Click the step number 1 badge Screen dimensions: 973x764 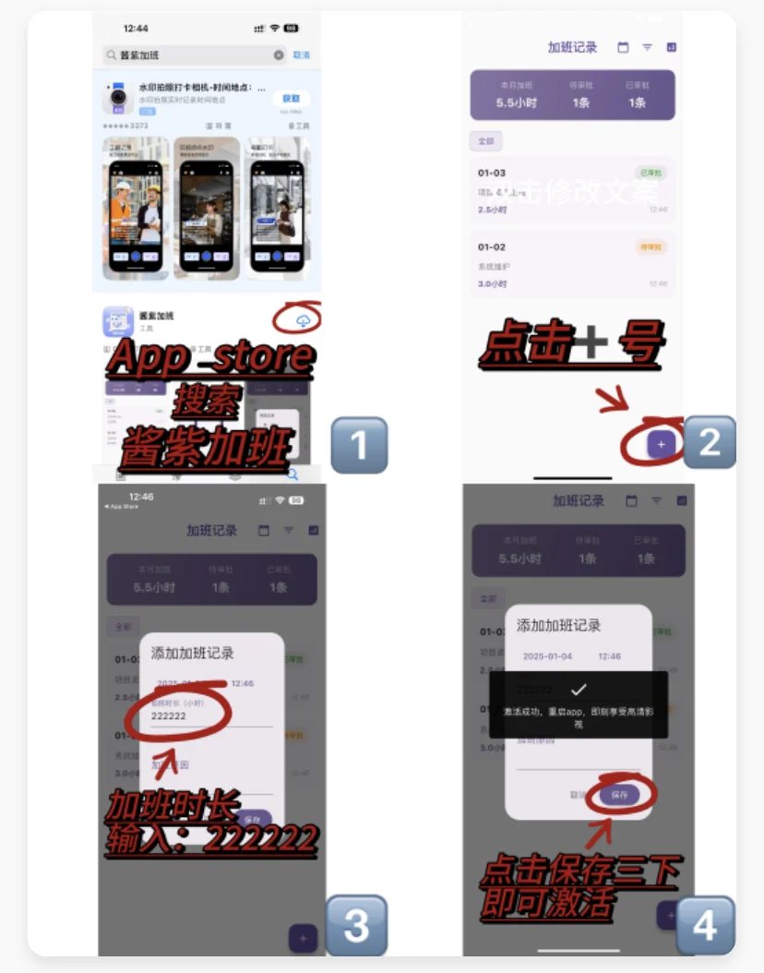(358, 445)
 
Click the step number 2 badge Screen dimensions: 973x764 (708, 442)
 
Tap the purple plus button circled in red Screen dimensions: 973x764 (661, 444)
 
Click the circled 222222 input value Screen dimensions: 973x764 (169, 715)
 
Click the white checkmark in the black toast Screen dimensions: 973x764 (579, 690)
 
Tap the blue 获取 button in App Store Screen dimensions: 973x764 (291, 98)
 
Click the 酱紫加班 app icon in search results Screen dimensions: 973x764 (119, 322)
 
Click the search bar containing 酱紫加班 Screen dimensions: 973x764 (194, 55)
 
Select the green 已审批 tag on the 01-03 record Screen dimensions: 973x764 (651, 173)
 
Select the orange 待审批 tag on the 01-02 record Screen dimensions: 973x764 (651, 246)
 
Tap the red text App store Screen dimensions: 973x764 (210, 357)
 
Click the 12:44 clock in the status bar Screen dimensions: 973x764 (136, 29)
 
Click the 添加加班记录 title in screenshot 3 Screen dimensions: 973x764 (193, 653)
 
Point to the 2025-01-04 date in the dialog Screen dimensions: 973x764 (548, 656)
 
